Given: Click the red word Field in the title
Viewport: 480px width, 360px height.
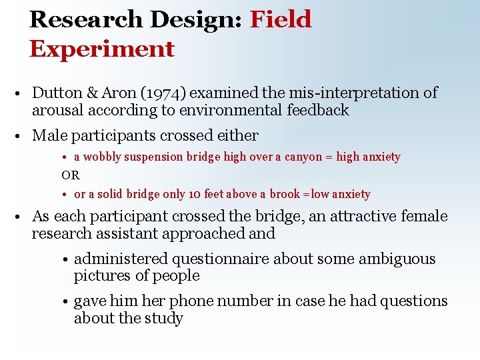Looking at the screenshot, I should [281, 19].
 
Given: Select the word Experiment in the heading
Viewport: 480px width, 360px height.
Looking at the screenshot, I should [101, 49].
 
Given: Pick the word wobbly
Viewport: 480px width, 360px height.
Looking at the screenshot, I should [103, 157].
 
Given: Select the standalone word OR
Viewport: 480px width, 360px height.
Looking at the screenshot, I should [70, 175].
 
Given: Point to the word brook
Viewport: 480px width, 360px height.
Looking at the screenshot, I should [285, 195].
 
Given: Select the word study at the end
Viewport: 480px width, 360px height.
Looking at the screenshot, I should [164, 319].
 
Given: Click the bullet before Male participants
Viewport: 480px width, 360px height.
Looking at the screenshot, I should [22, 137].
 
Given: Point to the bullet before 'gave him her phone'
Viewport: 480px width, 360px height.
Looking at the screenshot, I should [67, 302].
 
